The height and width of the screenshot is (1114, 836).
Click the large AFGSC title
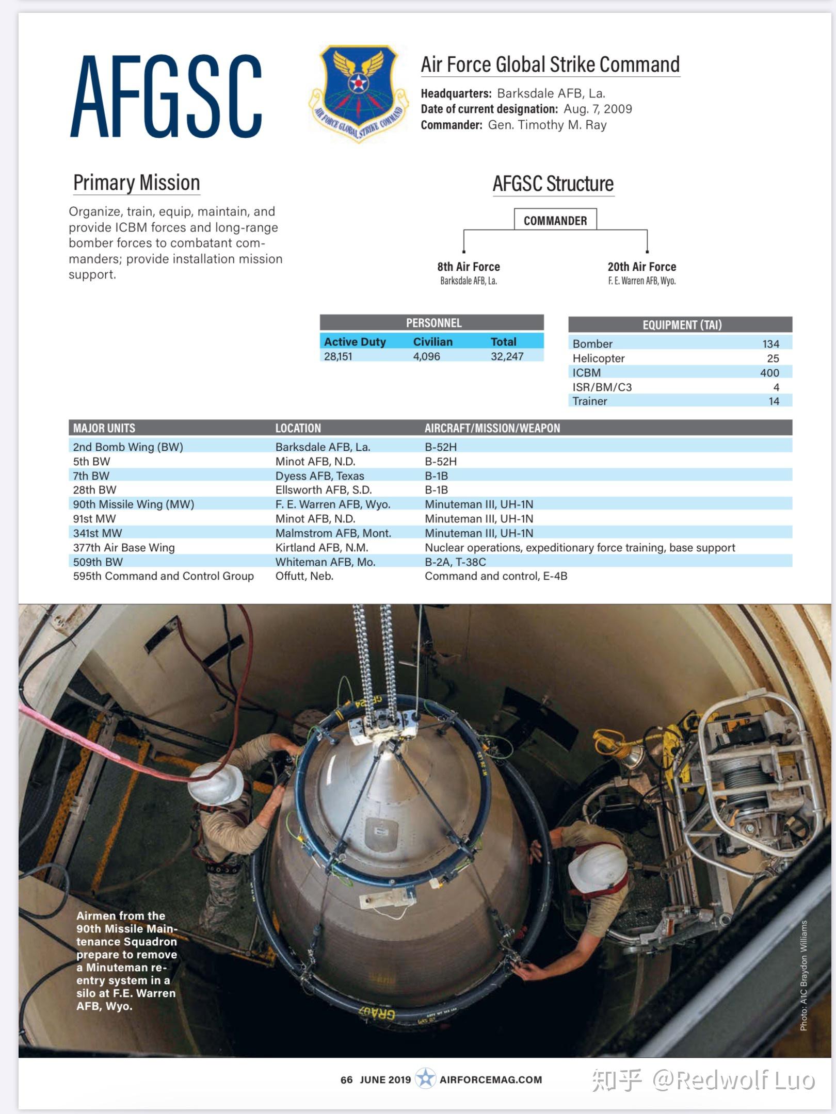click(166, 96)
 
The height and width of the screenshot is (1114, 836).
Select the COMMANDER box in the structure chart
click(555, 220)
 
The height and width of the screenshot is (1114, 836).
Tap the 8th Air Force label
click(469, 267)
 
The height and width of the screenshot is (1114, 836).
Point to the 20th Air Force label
click(641, 267)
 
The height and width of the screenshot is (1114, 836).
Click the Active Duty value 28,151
click(338, 356)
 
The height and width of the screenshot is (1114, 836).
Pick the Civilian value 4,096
click(426, 356)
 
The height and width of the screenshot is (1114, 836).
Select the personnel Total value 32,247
click(507, 356)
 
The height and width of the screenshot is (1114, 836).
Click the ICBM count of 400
click(769, 372)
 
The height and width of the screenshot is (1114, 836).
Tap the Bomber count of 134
click(770, 343)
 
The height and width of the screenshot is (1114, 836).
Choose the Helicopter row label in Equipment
click(598, 358)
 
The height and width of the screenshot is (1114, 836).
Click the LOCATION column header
click(298, 428)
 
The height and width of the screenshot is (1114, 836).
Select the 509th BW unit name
click(98, 562)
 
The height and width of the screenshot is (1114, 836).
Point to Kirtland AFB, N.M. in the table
click(321, 547)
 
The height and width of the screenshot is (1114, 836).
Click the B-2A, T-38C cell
click(455, 562)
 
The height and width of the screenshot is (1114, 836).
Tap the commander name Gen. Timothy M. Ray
click(547, 125)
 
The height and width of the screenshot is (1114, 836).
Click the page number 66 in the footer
click(346, 1079)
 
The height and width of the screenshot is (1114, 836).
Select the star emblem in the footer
click(425, 1078)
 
